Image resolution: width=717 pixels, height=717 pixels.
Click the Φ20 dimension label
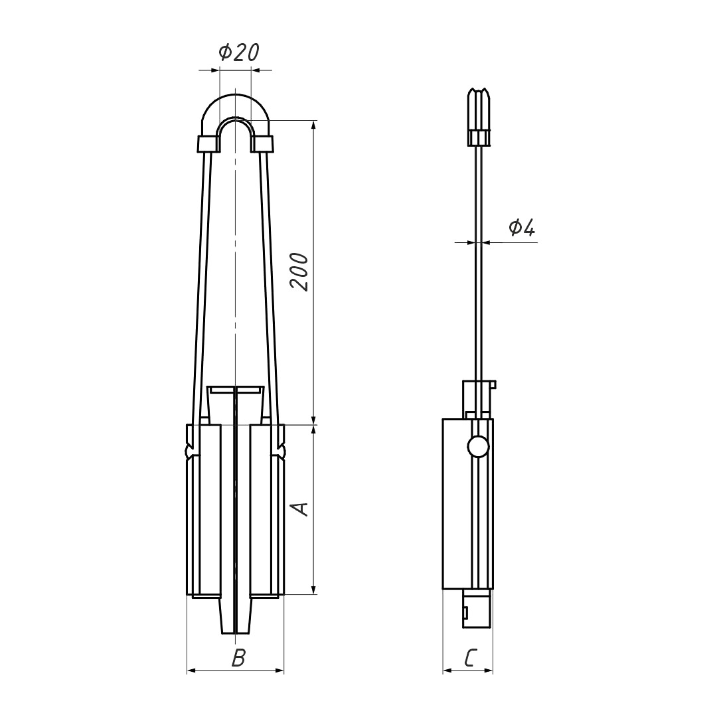coord(239,52)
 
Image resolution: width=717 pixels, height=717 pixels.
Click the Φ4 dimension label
coord(522,227)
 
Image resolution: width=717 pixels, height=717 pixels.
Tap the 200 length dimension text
coord(299,272)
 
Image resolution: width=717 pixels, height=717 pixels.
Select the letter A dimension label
coord(300,509)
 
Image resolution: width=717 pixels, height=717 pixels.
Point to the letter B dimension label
coord(238,659)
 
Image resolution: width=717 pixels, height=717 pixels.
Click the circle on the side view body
coord(478,446)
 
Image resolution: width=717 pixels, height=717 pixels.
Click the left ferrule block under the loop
coord(208,144)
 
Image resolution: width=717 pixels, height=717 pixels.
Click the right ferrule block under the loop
coord(262,144)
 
